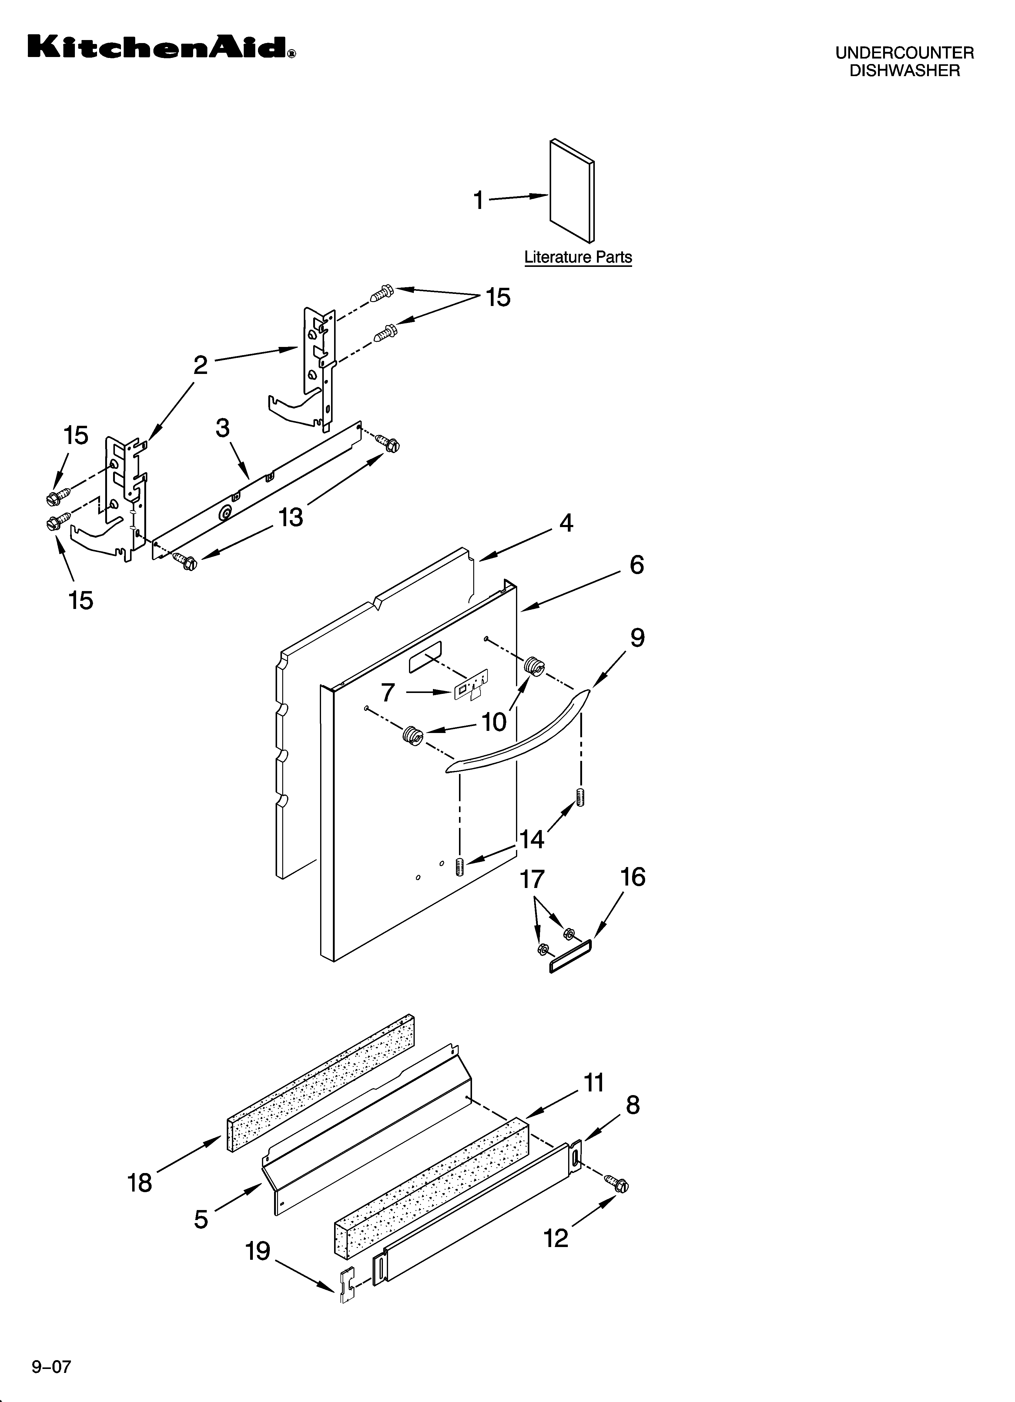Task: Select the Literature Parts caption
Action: (578, 257)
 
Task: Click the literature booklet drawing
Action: (572, 190)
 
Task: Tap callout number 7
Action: (387, 692)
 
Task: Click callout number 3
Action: (223, 428)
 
